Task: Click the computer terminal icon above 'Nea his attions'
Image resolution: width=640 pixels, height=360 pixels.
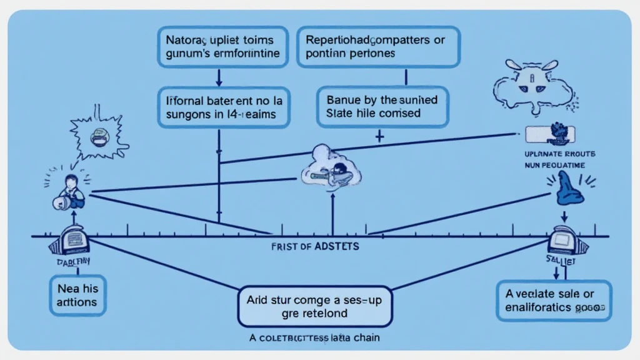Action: tap(74, 238)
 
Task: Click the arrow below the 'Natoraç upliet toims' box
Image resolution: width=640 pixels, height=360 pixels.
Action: tap(219, 77)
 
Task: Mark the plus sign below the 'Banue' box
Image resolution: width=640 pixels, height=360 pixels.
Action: tap(379, 136)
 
